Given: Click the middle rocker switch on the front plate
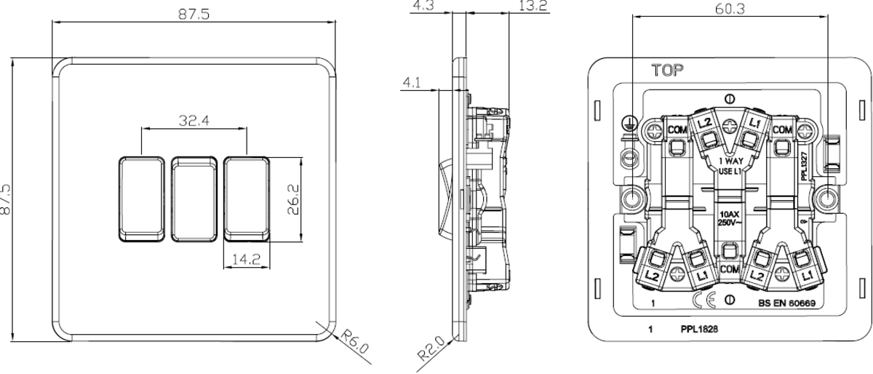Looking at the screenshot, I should click(194, 198).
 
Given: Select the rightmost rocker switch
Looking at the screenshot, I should click(247, 198).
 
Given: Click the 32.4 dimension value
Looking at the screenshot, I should click(192, 121).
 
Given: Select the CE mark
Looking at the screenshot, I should click(706, 301).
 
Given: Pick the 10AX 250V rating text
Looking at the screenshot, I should click(729, 218).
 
